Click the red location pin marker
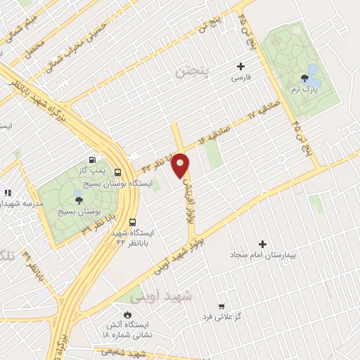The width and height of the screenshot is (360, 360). [x=181, y=165]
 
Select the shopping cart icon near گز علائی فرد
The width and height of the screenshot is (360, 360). [x=222, y=306]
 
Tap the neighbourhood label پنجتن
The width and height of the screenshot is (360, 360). [x=193, y=72]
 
